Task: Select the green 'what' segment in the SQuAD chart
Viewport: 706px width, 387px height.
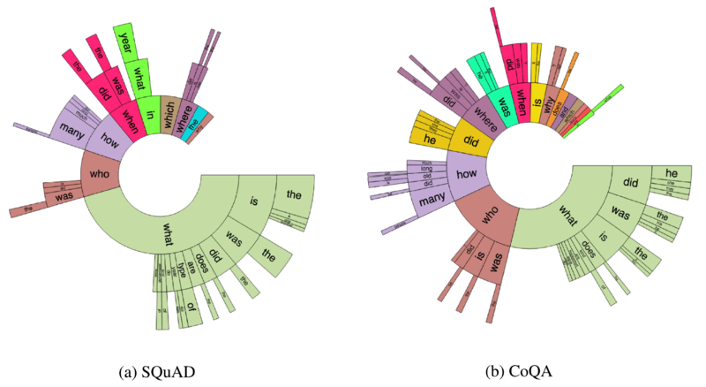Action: click(167, 231)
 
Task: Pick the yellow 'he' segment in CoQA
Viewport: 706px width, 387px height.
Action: click(432, 140)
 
